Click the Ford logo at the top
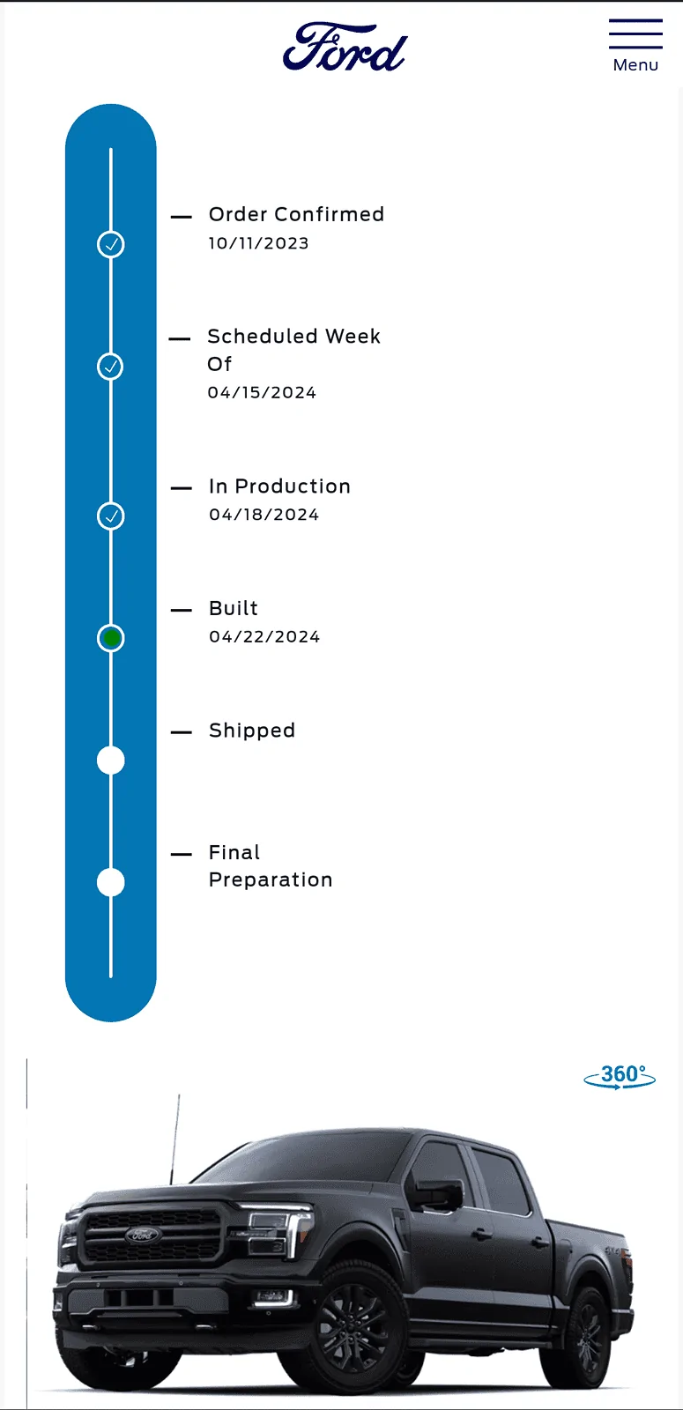tap(345, 48)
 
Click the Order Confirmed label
tap(296, 214)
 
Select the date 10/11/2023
tap(258, 243)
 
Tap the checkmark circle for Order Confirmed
tap(111, 244)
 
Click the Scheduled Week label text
tap(293, 337)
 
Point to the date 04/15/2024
tap(262, 393)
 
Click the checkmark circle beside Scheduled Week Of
tap(111, 367)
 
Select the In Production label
tap(279, 486)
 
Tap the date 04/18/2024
tap(264, 515)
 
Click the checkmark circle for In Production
tap(111, 516)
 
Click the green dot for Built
tap(111, 637)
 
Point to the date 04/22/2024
tap(264, 637)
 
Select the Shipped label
tap(252, 731)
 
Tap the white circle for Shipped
tap(111, 760)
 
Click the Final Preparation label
tap(270, 866)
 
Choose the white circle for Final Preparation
tap(111, 882)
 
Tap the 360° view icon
tap(620, 1077)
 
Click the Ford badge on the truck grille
tap(142, 1235)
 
